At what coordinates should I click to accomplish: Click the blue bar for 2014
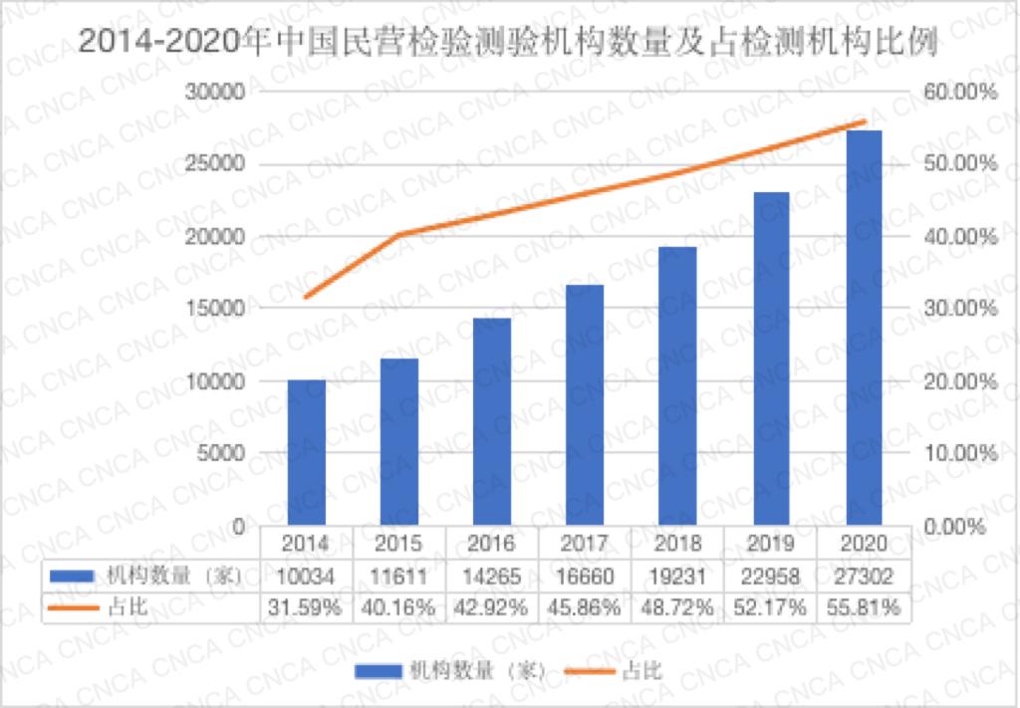pyautogui.click(x=307, y=452)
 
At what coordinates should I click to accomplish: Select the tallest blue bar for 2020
pyautogui.click(x=863, y=328)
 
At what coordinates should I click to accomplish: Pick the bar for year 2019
pyautogui.click(x=770, y=358)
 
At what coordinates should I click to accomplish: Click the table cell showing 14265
pyautogui.click(x=492, y=576)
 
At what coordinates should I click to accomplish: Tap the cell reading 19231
pyautogui.click(x=677, y=576)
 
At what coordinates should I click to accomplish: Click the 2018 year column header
pyautogui.click(x=677, y=544)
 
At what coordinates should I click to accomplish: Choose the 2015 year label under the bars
pyautogui.click(x=399, y=544)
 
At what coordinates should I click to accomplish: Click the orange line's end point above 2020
pyautogui.click(x=863, y=121)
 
